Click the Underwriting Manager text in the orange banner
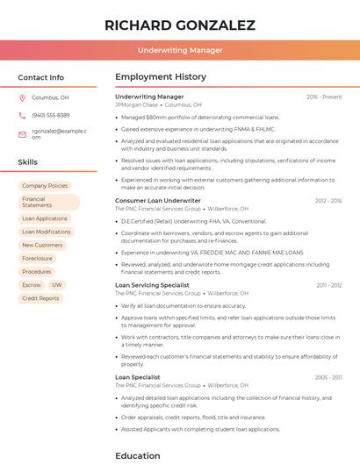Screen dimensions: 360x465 coord(180,50)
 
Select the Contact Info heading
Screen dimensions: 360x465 coord(41,77)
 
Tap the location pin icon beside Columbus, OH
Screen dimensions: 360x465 coord(23,98)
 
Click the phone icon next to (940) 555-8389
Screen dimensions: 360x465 coord(23,115)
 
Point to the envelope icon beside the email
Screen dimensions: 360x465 coord(23,134)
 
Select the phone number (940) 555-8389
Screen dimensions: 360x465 coord(51,115)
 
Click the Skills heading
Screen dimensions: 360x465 coord(28,162)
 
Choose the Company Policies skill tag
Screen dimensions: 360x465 coord(45,186)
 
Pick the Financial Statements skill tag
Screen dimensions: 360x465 coord(48,202)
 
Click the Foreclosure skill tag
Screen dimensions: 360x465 coord(37,259)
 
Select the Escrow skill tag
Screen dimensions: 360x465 coord(32,285)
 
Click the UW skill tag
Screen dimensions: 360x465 coord(56,285)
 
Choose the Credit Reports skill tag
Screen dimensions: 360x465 coord(40,298)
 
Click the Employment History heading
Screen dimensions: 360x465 coord(161,77)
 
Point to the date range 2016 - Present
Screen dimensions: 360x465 coord(324,97)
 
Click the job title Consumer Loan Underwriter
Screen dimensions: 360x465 coord(158,201)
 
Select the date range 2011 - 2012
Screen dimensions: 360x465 coord(328,285)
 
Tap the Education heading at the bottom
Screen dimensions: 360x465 coord(138,455)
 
